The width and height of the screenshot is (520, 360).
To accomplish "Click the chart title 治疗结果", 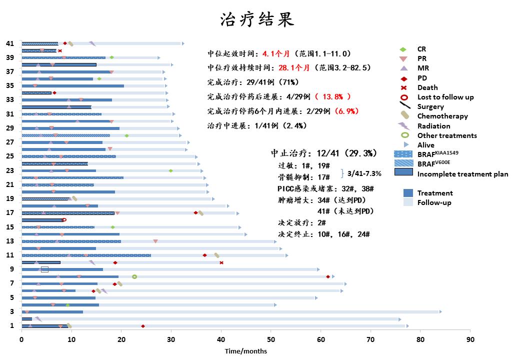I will pyautogui.click(x=257, y=19).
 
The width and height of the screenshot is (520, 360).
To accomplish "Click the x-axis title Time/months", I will pyautogui.click(x=245, y=351).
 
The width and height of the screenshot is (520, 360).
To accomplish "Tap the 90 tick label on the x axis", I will pyautogui.click(x=470, y=339).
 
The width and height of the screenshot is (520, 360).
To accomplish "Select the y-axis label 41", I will pyautogui.click(x=10, y=43).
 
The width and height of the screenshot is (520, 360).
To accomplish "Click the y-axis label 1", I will pyautogui.click(x=12, y=326).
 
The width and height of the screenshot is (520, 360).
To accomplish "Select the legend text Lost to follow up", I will pyautogui.click(x=445, y=97).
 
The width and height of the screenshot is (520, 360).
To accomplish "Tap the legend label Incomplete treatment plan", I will pyautogui.click(x=462, y=174).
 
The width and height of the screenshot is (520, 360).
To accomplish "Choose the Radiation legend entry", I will pyautogui.click(x=433, y=126).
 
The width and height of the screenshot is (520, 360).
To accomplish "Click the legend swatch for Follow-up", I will pyautogui.click(x=408, y=202).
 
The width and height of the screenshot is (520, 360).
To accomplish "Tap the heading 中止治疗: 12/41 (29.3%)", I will pyautogui.click(x=324, y=153).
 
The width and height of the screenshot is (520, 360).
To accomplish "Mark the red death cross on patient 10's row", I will pyautogui.click(x=221, y=262).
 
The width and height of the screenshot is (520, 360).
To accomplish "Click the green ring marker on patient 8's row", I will pyautogui.click(x=134, y=276).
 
